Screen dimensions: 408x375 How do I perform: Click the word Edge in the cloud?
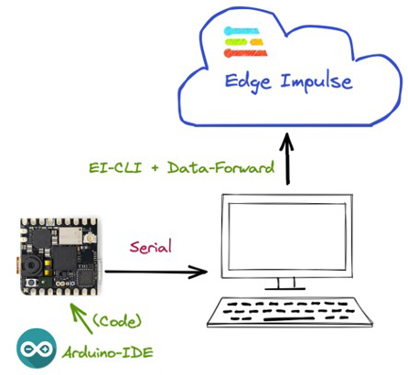coord(248,82)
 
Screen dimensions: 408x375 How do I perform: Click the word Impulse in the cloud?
coord(317,81)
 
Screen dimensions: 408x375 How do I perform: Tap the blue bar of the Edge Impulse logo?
coord(242,31)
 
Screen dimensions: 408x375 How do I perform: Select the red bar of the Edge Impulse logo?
coord(245,53)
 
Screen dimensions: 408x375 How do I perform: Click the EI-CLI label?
coord(115,167)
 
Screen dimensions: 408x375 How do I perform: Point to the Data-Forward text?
coord(220,167)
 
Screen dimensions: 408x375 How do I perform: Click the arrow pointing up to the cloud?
coord(287,158)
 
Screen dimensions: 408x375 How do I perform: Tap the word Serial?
coord(151,247)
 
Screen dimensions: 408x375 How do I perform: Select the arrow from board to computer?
coord(156,272)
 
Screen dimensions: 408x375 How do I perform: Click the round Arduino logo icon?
coord(37,348)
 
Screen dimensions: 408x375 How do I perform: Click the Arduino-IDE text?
coord(107,353)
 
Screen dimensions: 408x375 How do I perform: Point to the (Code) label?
coord(117,321)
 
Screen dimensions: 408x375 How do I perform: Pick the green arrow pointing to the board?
coord(81,317)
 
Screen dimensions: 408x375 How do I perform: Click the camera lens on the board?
coord(30,266)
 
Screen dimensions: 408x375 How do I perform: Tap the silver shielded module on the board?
coord(70,235)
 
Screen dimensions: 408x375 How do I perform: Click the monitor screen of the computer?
coord(286,237)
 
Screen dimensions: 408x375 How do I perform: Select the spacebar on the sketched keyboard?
coord(289,319)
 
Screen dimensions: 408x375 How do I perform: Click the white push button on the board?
coord(31,283)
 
